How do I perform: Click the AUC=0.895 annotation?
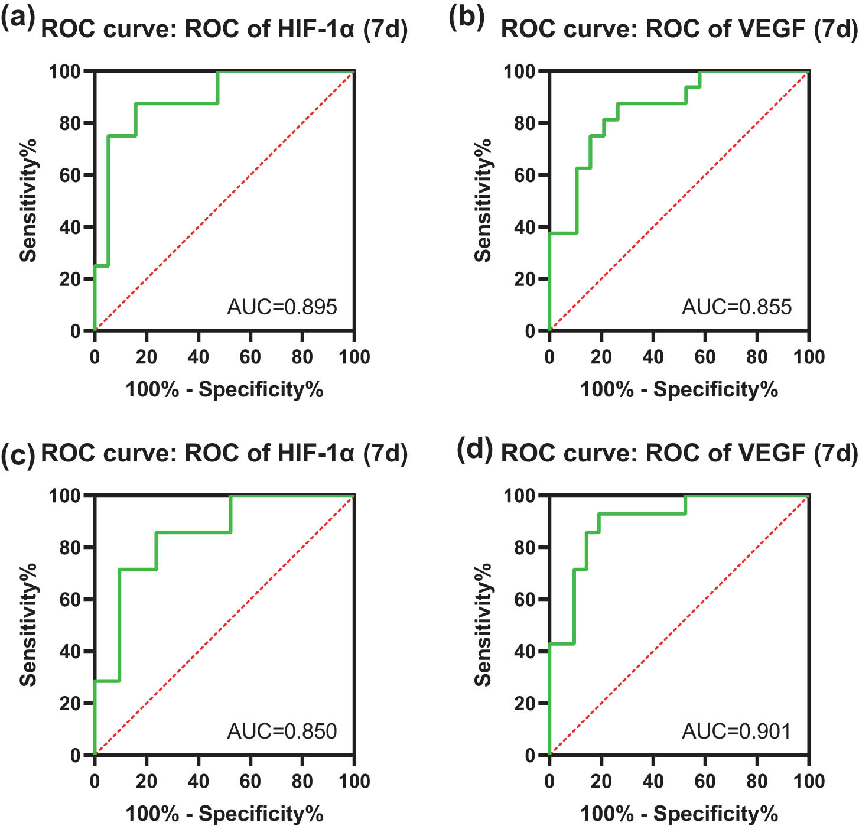282,307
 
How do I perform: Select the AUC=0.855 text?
737,307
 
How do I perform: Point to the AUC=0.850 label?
282,731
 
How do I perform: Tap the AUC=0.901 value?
736,731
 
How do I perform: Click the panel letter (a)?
18,18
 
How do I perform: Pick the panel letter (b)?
467,18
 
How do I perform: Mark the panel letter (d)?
475,450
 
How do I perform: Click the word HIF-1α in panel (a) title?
316,28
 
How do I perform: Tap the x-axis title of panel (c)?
224,814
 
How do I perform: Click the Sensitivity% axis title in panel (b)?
483,200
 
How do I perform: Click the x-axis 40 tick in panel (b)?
653,357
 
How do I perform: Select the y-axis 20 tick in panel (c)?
70,703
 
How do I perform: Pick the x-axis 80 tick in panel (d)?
757,781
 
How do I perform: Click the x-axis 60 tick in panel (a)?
250,357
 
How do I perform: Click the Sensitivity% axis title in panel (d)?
483,625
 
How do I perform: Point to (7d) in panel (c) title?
385,453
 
